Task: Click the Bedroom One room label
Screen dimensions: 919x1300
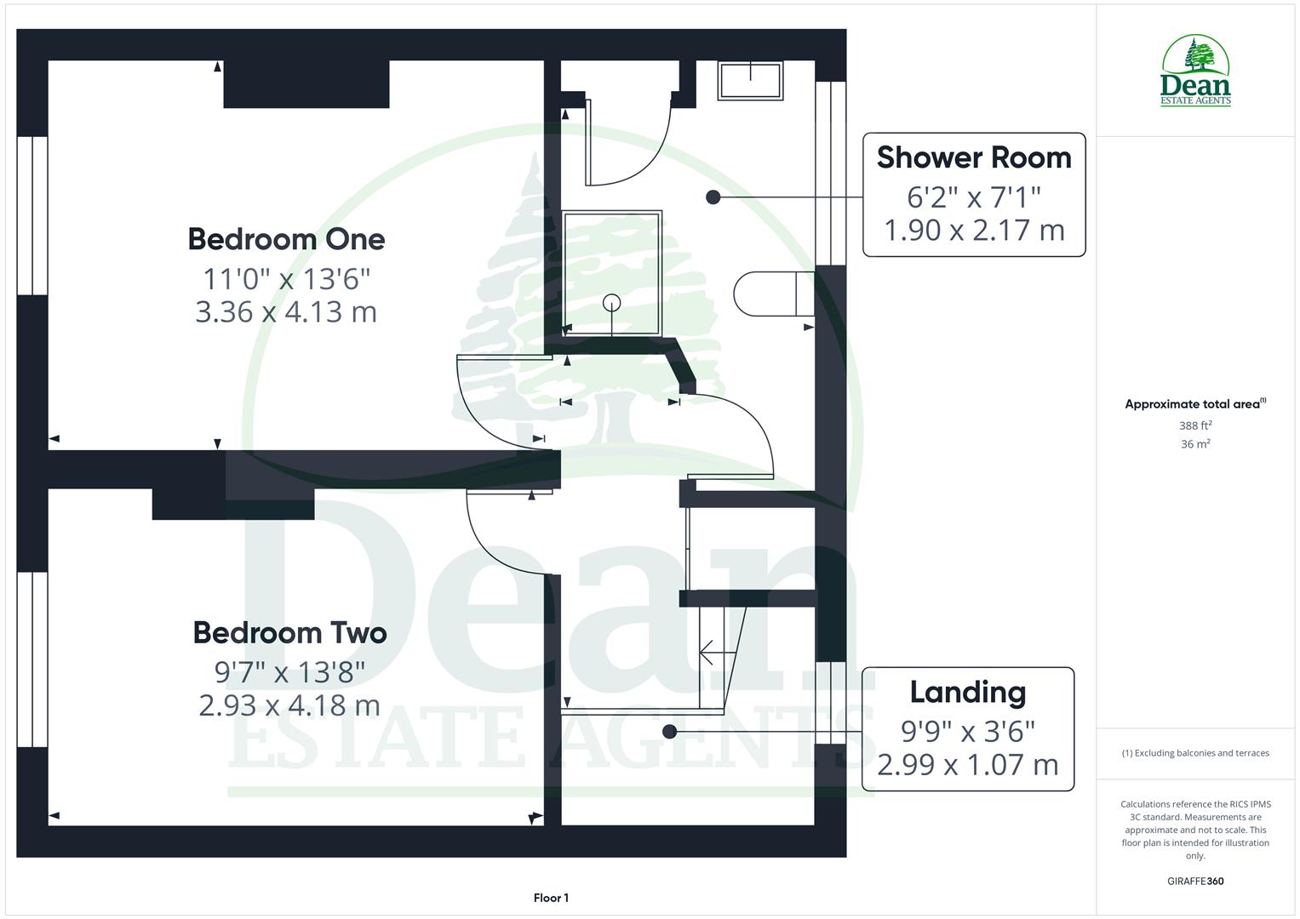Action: click(286, 239)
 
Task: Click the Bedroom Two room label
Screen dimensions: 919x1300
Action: click(289, 633)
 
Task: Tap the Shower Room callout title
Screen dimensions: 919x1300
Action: click(974, 158)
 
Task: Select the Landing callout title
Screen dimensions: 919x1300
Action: click(967, 693)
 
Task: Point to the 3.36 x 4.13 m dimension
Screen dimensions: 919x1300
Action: click(286, 312)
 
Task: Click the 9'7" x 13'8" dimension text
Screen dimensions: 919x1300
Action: click(289, 672)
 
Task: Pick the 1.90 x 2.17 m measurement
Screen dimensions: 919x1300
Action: click(974, 231)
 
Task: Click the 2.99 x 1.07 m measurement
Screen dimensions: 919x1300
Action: click(967, 765)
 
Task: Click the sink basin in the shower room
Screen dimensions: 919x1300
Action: click(750, 81)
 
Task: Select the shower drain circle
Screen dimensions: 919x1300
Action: click(612, 302)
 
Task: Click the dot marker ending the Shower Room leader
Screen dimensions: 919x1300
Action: click(713, 197)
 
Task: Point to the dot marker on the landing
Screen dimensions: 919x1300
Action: click(670, 731)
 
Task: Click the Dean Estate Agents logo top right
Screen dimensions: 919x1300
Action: click(1195, 71)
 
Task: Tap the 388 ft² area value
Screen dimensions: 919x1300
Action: click(1195, 425)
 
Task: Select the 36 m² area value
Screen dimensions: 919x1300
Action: click(1195, 444)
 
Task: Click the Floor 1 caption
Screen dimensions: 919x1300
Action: click(551, 898)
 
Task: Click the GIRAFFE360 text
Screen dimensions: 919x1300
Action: click(1195, 882)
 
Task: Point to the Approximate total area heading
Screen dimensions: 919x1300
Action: click(1194, 404)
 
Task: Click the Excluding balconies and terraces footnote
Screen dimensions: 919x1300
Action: click(1195, 753)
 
